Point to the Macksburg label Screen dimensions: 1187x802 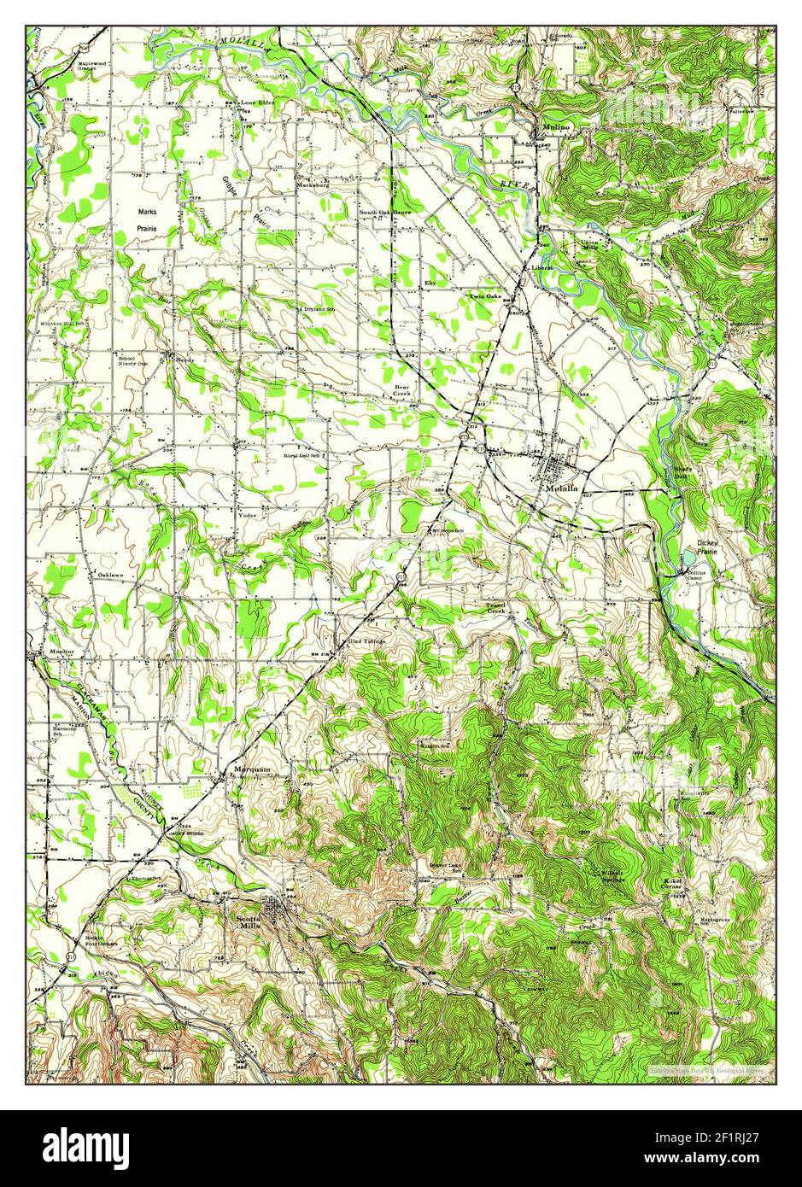pos(313,184)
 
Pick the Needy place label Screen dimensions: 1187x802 pos(184,360)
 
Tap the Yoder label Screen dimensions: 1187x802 pos(248,515)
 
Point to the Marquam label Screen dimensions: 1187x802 pos(253,769)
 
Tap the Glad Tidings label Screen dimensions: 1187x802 pos(367,640)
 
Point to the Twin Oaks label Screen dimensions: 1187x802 pos(483,296)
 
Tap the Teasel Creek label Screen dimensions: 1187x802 pos(496,609)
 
